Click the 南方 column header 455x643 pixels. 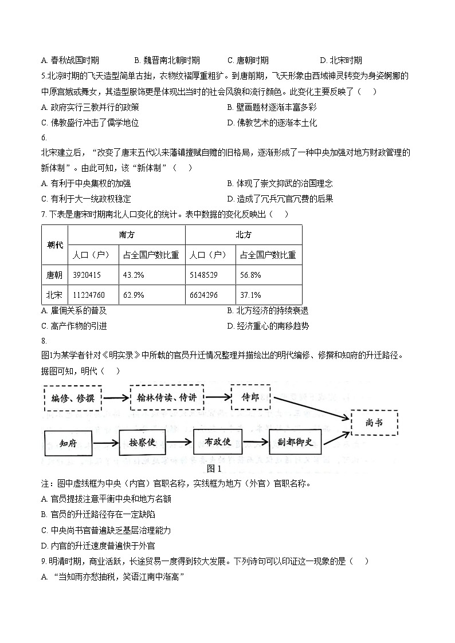coord(127,235)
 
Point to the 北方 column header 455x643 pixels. coord(244,235)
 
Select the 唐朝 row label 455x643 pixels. coord(54,275)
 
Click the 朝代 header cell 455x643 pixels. coord(54,244)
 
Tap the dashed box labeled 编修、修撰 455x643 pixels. coord(72,398)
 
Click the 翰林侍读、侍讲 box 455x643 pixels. coord(167,398)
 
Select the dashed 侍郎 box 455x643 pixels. coord(250,397)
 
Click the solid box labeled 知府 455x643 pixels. coord(68,443)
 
